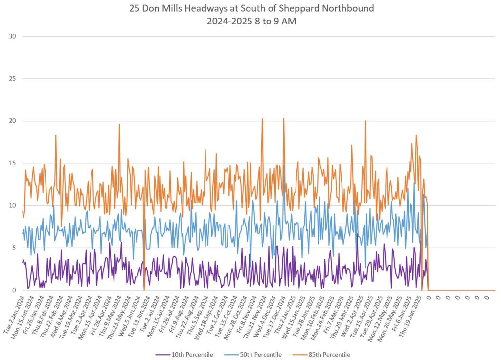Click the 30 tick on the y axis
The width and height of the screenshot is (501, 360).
(13, 36)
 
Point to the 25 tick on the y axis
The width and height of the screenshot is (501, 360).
(13, 79)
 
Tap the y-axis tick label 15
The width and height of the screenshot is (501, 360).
(13, 163)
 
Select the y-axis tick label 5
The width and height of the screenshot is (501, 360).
(14, 248)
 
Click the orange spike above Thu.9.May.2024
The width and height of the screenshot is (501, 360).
(119, 125)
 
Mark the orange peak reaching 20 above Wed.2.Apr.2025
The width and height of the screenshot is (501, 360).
(365, 121)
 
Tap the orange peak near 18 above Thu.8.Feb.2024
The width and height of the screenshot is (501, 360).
(56, 135)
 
